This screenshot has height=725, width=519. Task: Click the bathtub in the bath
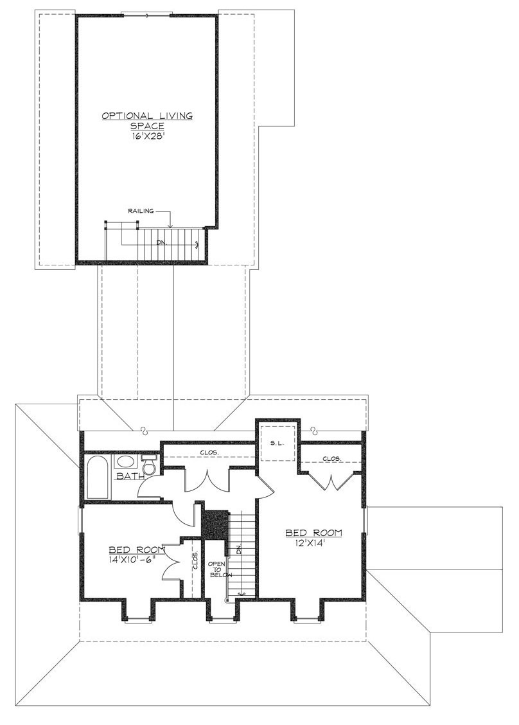[98, 477]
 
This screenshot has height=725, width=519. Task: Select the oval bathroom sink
[123, 461]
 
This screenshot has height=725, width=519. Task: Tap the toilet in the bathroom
[149, 465]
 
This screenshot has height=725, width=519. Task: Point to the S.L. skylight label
[277, 443]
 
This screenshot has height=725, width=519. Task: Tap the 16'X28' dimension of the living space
[147, 136]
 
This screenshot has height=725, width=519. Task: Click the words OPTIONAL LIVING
[147, 116]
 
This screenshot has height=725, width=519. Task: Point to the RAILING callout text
[141, 211]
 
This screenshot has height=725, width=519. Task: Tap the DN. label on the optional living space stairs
[161, 242]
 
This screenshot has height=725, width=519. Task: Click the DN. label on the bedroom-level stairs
[239, 550]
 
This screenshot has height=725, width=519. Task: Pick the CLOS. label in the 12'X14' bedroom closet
[332, 459]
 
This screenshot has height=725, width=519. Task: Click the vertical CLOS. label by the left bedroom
[195, 560]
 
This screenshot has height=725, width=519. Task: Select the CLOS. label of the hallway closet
[209, 452]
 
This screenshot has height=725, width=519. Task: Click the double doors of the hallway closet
[207, 481]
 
